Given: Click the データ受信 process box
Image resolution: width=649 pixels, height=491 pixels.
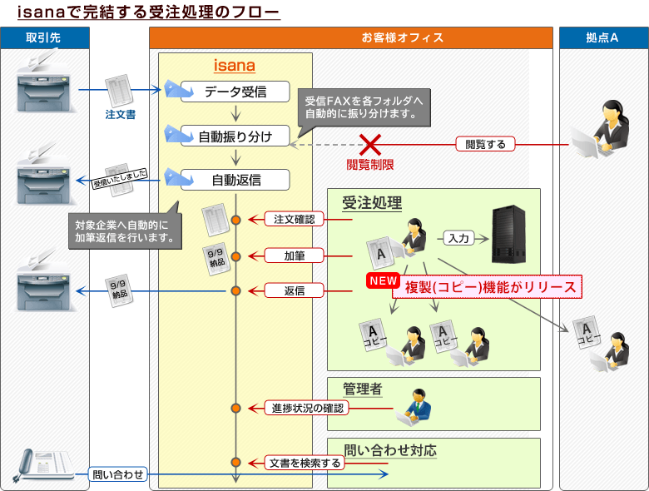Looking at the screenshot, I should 235,92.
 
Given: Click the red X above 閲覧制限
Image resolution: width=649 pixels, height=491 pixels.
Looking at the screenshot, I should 369,144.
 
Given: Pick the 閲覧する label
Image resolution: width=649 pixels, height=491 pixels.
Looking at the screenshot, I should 486,144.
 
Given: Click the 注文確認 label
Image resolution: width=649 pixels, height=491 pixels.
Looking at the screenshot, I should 294,220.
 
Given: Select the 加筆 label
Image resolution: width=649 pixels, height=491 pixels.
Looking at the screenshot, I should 294,255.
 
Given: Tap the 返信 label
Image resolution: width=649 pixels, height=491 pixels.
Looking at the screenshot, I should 294,290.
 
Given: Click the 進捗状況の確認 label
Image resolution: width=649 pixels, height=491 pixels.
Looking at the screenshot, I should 307,408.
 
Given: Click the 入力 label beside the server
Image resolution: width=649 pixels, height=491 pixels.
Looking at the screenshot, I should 458,238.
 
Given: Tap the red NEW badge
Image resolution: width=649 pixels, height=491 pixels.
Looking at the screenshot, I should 384,281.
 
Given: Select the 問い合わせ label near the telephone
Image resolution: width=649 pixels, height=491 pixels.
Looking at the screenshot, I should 118,474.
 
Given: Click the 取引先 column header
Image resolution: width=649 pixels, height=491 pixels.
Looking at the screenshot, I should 43,38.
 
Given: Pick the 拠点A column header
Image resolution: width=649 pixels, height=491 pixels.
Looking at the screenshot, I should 602,38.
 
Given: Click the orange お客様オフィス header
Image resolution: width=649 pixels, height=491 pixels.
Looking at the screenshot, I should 350,38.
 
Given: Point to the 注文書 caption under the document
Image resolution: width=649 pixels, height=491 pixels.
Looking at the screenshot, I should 121,113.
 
